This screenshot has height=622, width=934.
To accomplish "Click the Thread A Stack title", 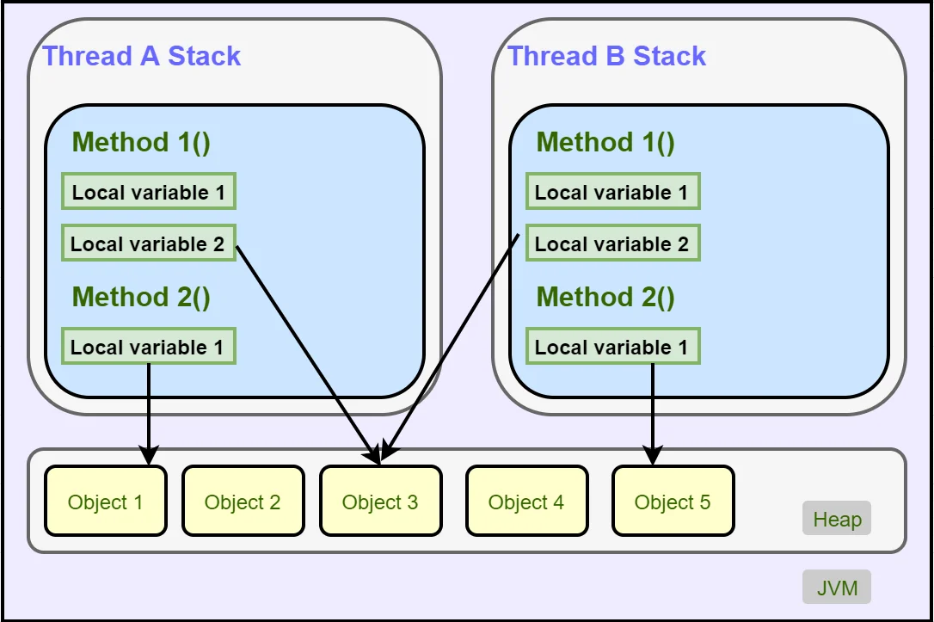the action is coord(142,56).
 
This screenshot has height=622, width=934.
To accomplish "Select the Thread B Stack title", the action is coord(606,56).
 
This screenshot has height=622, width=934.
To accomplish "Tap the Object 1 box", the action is coord(106,501).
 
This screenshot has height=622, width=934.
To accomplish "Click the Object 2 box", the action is coord(243,501).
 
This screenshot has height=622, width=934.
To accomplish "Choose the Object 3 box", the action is coord(381,501).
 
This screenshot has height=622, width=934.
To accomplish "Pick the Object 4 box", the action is coord(526,501).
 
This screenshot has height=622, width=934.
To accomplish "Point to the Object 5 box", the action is coord(673,501).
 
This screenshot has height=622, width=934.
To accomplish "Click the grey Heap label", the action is coord(837,518).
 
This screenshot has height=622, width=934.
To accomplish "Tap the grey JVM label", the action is coord(837,587).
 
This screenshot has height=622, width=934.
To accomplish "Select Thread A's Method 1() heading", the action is coord(141,143).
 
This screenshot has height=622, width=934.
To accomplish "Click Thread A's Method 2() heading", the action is coord(141,297).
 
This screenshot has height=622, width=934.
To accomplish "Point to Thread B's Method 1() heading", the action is coord(605,143).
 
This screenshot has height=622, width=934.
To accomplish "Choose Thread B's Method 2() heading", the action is coord(605,297).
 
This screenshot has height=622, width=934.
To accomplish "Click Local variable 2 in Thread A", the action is coord(149,243).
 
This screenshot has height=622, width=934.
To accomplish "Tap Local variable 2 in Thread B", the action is coord(613,243).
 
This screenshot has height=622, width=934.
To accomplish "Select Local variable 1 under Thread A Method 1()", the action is coord(149,191).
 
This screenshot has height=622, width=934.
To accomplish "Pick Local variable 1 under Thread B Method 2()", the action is coord(613,346).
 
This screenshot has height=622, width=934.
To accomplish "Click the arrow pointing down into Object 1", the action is coord(148,414).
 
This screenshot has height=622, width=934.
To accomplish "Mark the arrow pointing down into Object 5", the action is coord(653,414).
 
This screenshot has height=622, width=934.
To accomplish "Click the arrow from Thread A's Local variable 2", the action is coord(308,354).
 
